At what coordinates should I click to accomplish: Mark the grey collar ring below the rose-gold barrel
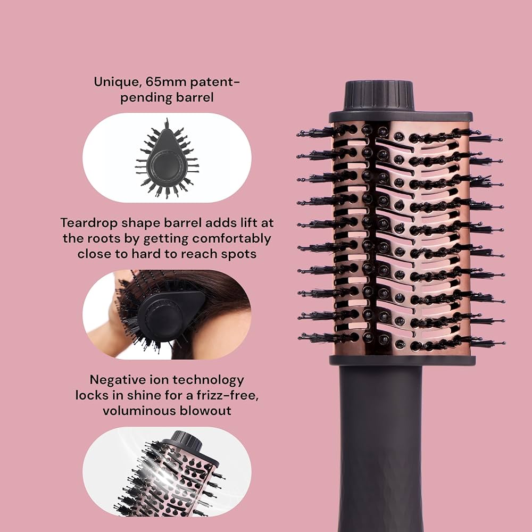tap(402, 360)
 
